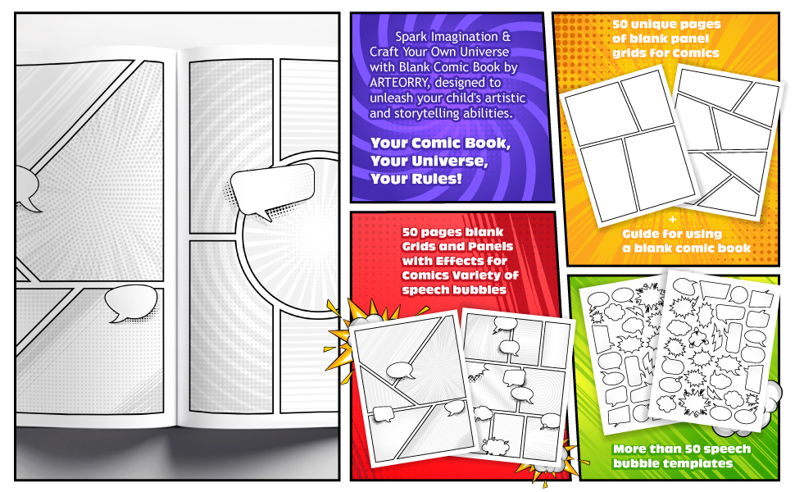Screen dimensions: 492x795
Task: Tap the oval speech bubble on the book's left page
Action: pyautogui.click(x=130, y=303)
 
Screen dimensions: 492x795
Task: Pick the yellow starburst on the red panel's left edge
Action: pyautogui.click(x=340, y=324)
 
